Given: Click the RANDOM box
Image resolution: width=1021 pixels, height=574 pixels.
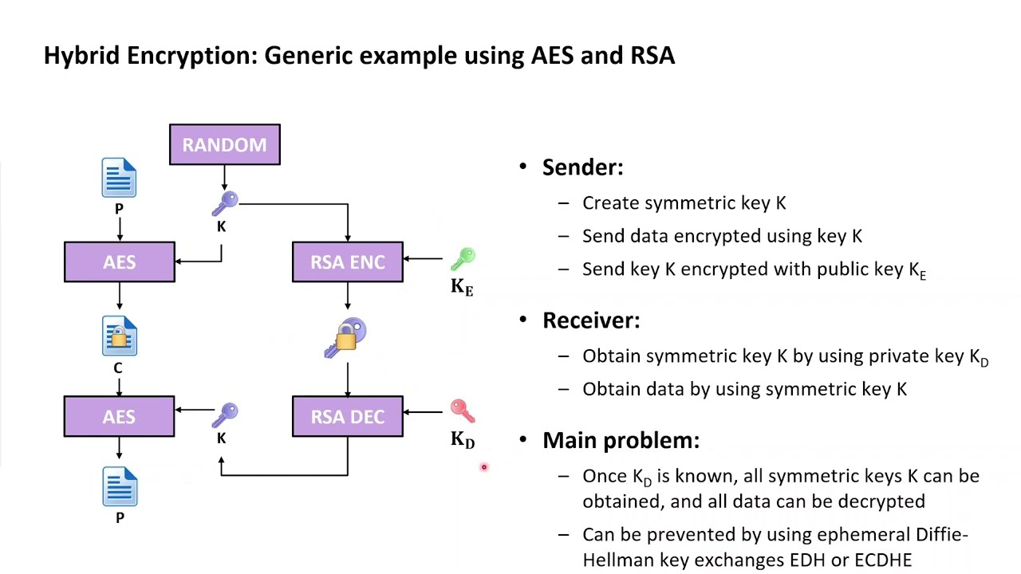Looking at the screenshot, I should pyautogui.click(x=224, y=145).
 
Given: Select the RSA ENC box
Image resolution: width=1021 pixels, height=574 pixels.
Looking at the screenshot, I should pyautogui.click(x=347, y=262).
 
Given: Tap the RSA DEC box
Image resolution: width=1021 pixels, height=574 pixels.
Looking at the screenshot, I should pyautogui.click(x=347, y=417).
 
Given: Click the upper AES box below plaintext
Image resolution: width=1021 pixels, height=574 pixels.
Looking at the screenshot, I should pyautogui.click(x=119, y=262).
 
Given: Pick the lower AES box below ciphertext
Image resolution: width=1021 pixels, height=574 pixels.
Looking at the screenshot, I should pyautogui.click(x=119, y=417).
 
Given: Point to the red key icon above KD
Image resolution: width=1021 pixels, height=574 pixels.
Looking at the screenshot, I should pyautogui.click(x=462, y=411).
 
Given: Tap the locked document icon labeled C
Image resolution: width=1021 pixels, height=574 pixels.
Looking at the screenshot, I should pyautogui.click(x=119, y=336).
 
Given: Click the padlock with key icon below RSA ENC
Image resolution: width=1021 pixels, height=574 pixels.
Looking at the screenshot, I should pyautogui.click(x=346, y=338).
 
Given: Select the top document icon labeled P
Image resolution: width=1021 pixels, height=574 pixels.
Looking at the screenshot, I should pyautogui.click(x=119, y=178).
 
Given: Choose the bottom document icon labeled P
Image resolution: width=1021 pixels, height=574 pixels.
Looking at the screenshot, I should pyautogui.click(x=120, y=487).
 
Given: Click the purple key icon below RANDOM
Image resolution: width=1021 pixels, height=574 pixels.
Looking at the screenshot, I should pyautogui.click(x=225, y=203).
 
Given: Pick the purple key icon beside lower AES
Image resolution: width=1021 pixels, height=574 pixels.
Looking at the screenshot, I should pyautogui.click(x=226, y=415).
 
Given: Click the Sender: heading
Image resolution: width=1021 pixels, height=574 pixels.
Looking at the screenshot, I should pyautogui.click(x=582, y=167).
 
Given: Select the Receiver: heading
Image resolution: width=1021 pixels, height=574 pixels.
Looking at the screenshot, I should pyautogui.click(x=590, y=320).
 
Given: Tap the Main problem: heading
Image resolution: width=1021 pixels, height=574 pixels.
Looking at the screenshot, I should pyautogui.click(x=621, y=440).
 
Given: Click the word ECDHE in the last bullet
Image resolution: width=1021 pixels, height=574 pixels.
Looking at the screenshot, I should pyautogui.click(x=882, y=560).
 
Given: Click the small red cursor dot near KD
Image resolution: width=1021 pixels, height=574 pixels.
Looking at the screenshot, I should pyautogui.click(x=483, y=467).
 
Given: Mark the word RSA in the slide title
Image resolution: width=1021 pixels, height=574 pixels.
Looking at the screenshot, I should pyautogui.click(x=652, y=56).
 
